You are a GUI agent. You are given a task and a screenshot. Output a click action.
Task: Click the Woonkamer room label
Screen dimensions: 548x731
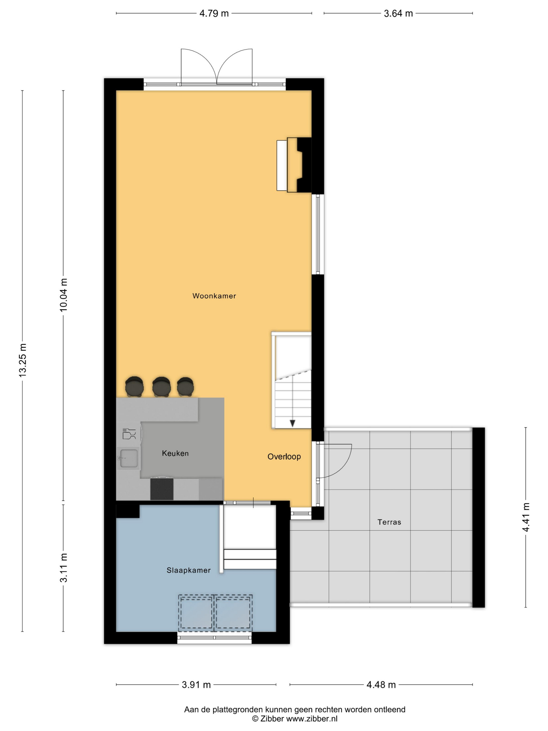[x=214, y=296]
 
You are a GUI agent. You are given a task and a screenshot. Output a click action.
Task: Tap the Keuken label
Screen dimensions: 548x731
[x=175, y=453]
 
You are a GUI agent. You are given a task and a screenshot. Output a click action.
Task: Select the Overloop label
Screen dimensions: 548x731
[x=284, y=456]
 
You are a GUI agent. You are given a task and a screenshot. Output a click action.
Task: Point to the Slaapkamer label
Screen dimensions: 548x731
[x=189, y=570]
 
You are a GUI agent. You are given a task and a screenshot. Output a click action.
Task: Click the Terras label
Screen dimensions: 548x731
[x=389, y=522]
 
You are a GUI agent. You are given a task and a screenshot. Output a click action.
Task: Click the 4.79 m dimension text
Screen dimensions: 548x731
[x=214, y=14]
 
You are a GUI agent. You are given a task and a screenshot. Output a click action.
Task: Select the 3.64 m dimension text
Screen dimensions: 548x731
[x=398, y=14]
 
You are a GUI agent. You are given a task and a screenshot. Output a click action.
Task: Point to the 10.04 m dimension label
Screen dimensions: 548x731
[x=63, y=295]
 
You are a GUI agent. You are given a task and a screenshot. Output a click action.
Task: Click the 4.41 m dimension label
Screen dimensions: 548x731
[x=526, y=517]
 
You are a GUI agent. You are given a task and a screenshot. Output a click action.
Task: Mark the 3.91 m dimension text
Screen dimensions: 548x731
[x=196, y=685]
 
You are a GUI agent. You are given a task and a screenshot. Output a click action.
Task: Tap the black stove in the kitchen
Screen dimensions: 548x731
[x=162, y=489]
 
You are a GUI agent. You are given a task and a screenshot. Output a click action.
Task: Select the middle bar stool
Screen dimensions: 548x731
[x=161, y=387]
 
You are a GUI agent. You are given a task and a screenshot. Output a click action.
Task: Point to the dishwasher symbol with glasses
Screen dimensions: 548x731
[x=129, y=434]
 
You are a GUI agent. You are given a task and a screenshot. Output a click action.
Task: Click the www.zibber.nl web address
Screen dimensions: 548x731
[x=312, y=718]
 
